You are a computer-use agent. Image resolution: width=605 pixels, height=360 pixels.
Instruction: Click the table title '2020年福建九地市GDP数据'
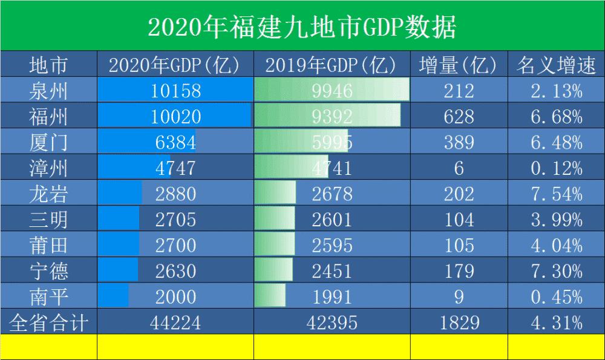point(302,25)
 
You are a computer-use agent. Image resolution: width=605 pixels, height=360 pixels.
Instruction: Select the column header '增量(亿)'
point(459,65)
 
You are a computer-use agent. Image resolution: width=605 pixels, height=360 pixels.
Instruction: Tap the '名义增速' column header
point(556,65)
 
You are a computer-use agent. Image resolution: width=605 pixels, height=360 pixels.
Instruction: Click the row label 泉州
point(48,91)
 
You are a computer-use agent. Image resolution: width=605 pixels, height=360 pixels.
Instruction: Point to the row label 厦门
point(48,142)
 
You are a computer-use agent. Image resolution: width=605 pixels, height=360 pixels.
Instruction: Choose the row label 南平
point(48,296)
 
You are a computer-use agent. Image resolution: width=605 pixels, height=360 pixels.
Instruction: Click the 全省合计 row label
point(48,322)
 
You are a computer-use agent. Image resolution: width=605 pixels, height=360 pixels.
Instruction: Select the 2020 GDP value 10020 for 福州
point(175,116)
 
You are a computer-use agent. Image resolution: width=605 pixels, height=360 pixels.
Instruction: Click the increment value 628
point(459,116)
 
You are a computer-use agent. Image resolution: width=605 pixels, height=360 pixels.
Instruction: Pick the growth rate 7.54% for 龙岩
point(556,194)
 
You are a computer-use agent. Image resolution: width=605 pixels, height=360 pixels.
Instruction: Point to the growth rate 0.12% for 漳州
point(556,168)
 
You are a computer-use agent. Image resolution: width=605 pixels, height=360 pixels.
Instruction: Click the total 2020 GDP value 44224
point(175,322)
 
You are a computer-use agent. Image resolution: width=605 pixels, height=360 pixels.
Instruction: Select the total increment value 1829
point(459,322)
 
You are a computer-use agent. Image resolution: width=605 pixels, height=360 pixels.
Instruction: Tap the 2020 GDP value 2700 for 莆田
point(175,245)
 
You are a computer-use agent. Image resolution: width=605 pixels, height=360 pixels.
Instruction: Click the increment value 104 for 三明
point(459,219)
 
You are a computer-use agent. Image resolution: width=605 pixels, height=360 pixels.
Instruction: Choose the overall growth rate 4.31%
point(556,322)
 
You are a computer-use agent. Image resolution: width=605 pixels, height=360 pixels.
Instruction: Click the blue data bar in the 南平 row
point(114,296)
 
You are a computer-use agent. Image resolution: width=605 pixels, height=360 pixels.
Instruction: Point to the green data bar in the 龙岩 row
point(275,194)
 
